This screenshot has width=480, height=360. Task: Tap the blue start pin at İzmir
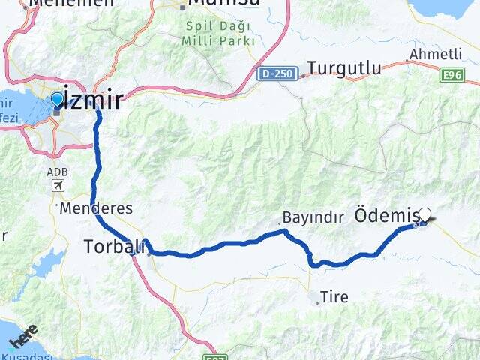point(57,100)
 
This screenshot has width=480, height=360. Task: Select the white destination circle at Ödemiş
point(425,214)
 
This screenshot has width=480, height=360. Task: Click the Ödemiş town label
point(385,216)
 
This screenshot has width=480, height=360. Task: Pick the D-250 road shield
point(277,73)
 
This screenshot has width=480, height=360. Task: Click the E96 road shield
point(453,74)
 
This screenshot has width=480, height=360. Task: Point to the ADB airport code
point(57,172)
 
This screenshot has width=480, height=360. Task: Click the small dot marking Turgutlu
point(302,75)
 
